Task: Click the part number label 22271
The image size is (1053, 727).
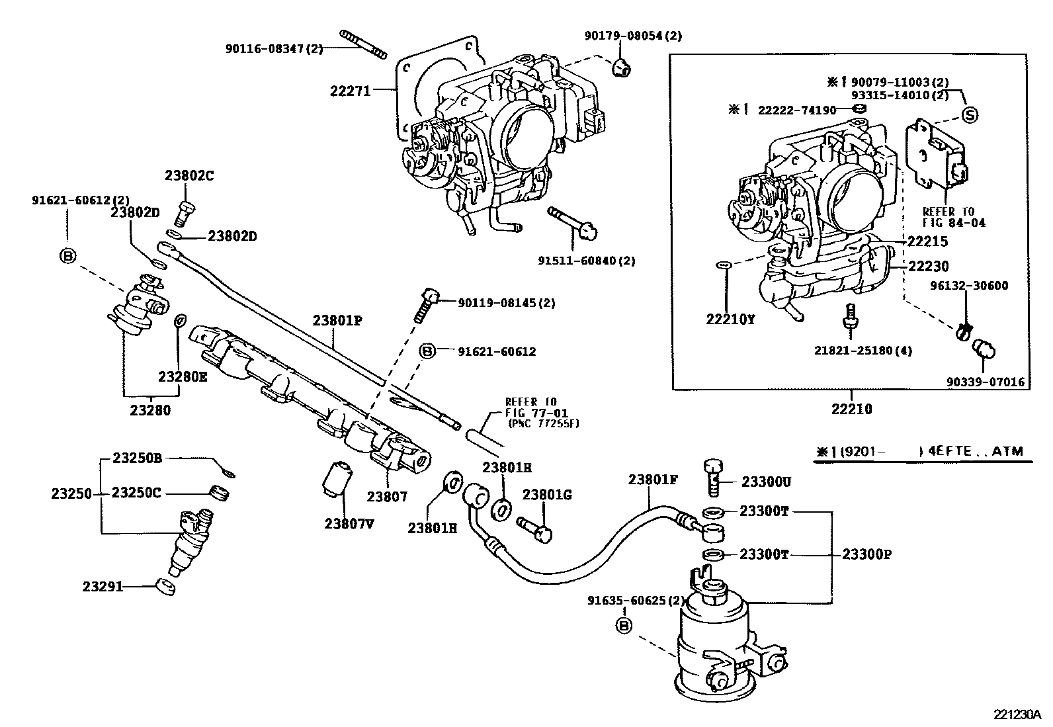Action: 350,91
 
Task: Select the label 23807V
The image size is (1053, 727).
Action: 349,524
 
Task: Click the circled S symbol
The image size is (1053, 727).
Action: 969,114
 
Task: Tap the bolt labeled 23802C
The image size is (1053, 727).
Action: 185,212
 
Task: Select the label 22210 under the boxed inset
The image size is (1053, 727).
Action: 852,409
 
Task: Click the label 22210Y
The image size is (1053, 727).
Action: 731,319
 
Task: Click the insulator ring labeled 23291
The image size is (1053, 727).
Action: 165,586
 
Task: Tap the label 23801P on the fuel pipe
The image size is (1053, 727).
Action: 338,321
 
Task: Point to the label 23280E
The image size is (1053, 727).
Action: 183,376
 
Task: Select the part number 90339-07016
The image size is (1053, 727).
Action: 986,382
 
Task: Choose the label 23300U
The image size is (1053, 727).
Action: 765,482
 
